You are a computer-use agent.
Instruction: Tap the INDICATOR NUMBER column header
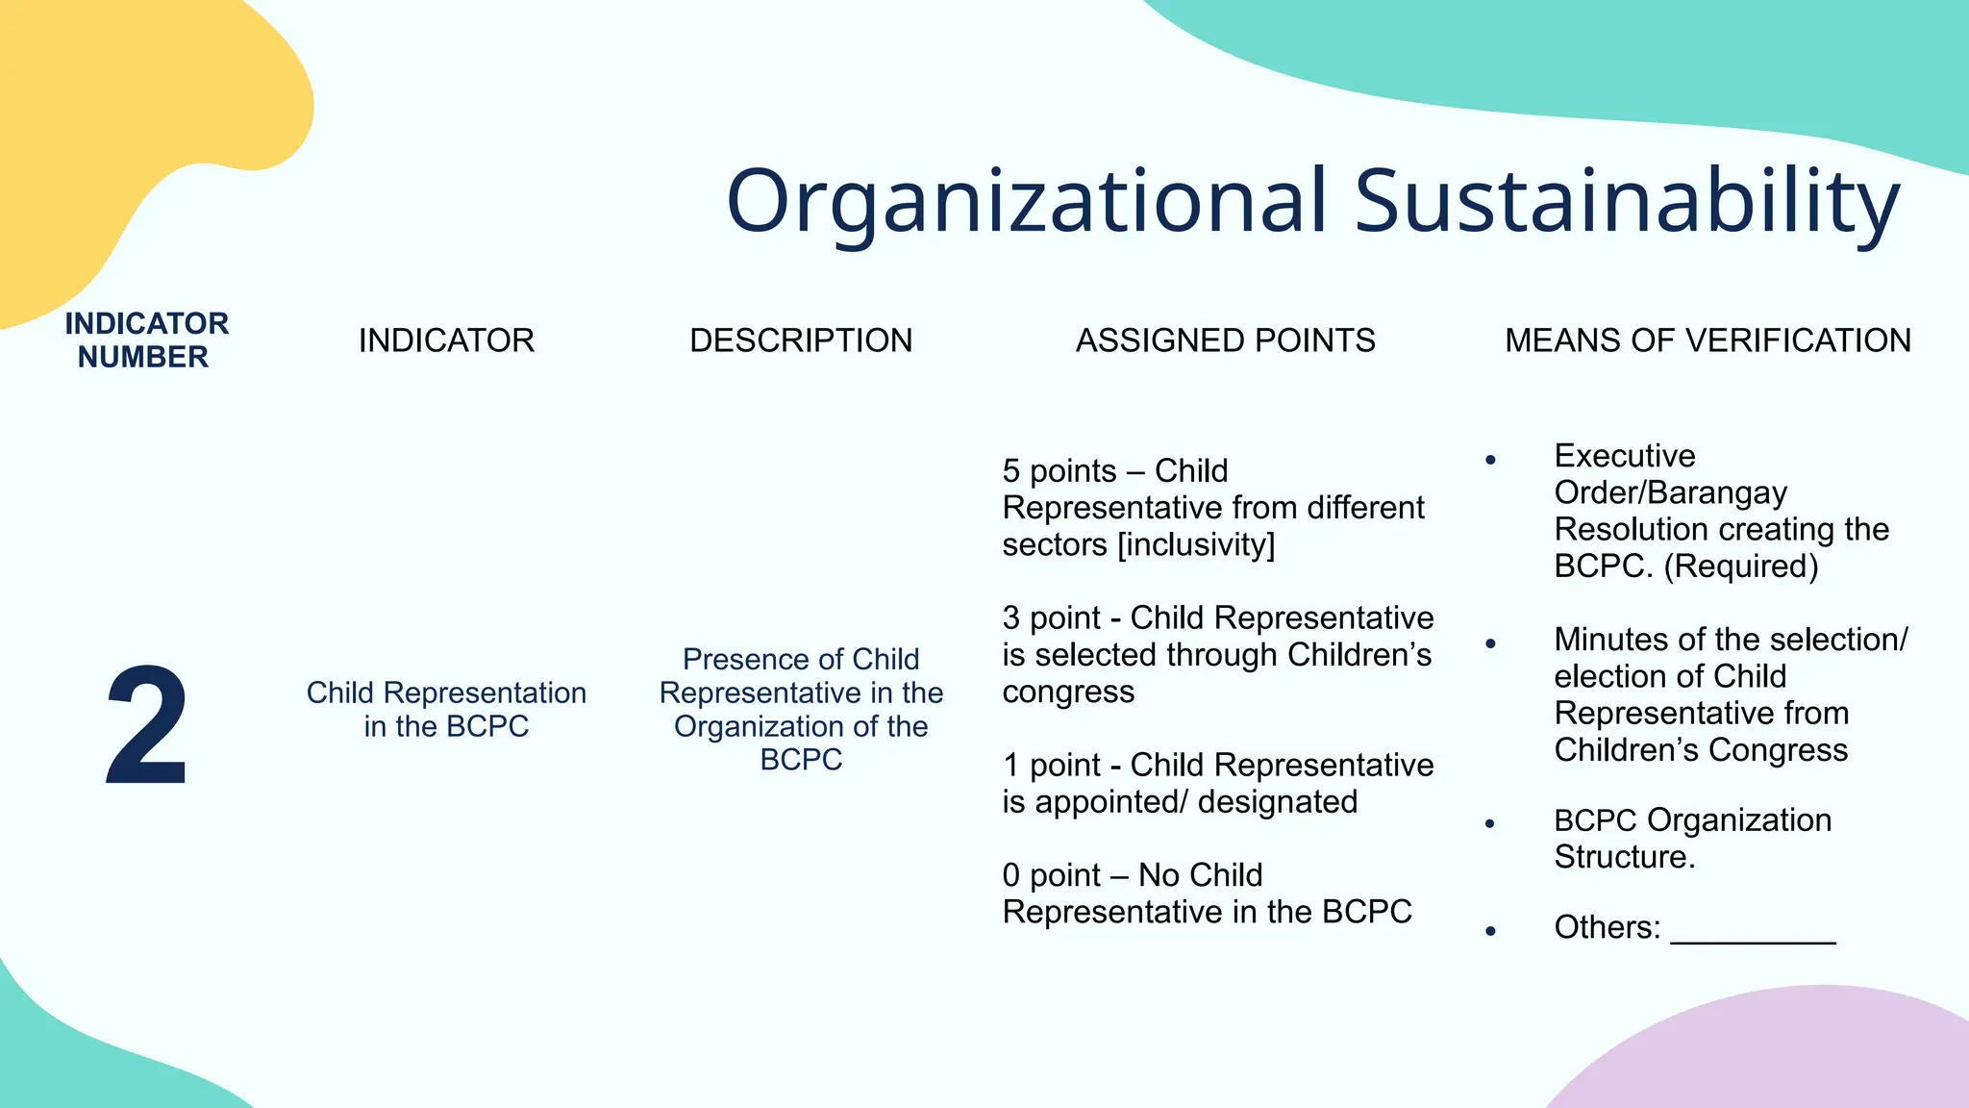coord(146,340)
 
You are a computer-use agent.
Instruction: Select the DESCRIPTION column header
coord(801,340)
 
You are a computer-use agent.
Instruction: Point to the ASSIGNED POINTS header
coord(1225,340)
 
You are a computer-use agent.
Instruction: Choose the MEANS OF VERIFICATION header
coord(1707,340)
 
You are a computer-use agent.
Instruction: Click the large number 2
coord(146,726)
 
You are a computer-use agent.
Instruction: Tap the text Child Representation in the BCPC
coord(446,709)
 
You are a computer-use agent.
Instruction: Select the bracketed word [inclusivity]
coord(1196,545)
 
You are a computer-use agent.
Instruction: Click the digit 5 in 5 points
coord(1010,471)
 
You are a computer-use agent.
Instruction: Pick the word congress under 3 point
coord(1068,692)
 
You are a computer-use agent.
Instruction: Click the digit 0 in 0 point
coord(1010,875)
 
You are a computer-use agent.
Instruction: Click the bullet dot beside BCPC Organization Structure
coord(1490,823)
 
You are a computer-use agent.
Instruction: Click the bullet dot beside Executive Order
coord(1490,461)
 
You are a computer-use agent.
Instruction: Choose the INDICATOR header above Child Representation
coord(446,340)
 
